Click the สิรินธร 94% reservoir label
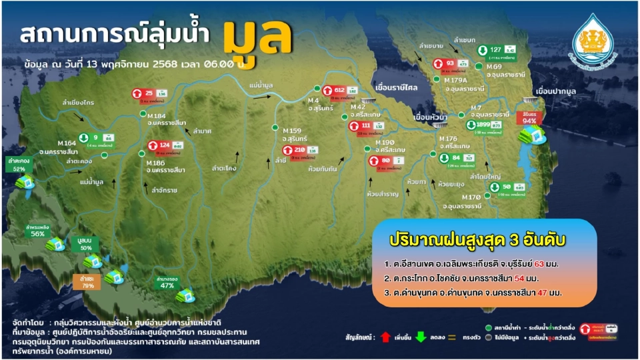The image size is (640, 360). click(530, 119)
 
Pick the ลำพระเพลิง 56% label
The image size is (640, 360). click(37, 231)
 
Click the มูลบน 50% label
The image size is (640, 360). click(85, 244)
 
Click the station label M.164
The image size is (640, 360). click(67, 143)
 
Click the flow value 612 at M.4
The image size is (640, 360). click(339, 90)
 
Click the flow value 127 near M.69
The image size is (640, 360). click(495, 50)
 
